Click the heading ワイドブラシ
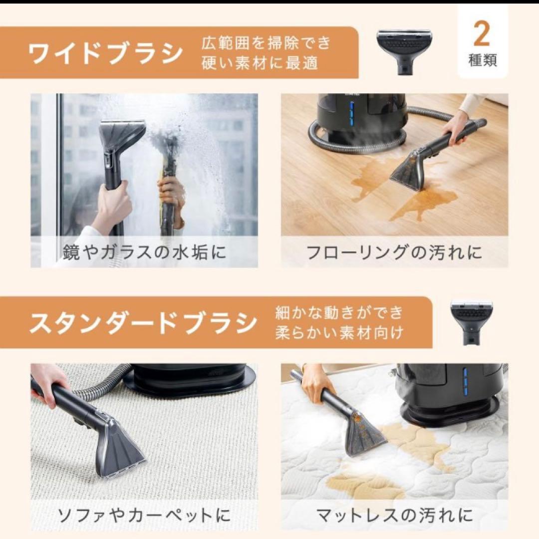(x=105, y=54)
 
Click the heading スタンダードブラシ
(x=143, y=323)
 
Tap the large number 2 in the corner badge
(x=482, y=34)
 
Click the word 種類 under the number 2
(x=482, y=61)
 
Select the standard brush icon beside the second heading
(x=468, y=322)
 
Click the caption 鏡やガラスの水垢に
(x=144, y=252)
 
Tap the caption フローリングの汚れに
(x=394, y=252)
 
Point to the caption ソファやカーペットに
(x=144, y=515)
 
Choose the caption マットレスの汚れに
(x=394, y=515)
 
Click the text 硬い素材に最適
(x=260, y=63)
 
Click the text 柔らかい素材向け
(x=339, y=333)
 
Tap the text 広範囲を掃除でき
(x=266, y=43)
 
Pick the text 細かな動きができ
(x=339, y=313)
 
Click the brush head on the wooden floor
(x=409, y=170)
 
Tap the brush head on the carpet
(x=120, y=449)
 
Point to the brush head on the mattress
(x=364, y=434)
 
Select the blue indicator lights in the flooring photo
(x=351, y=115)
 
